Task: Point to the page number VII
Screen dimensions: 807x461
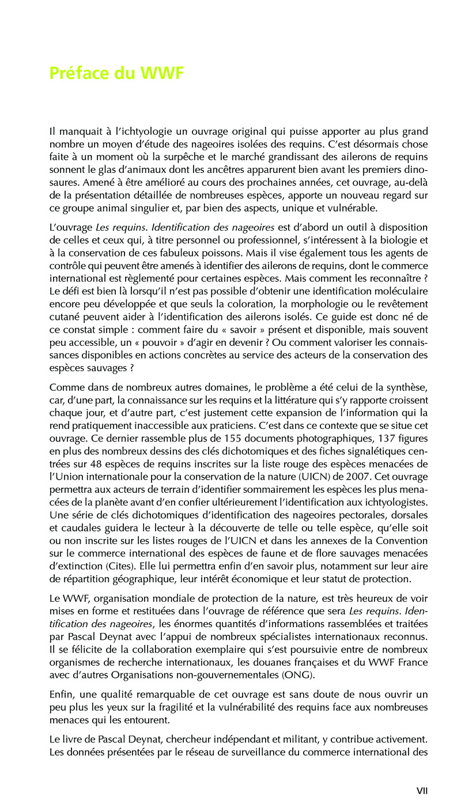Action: coord(422,791)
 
